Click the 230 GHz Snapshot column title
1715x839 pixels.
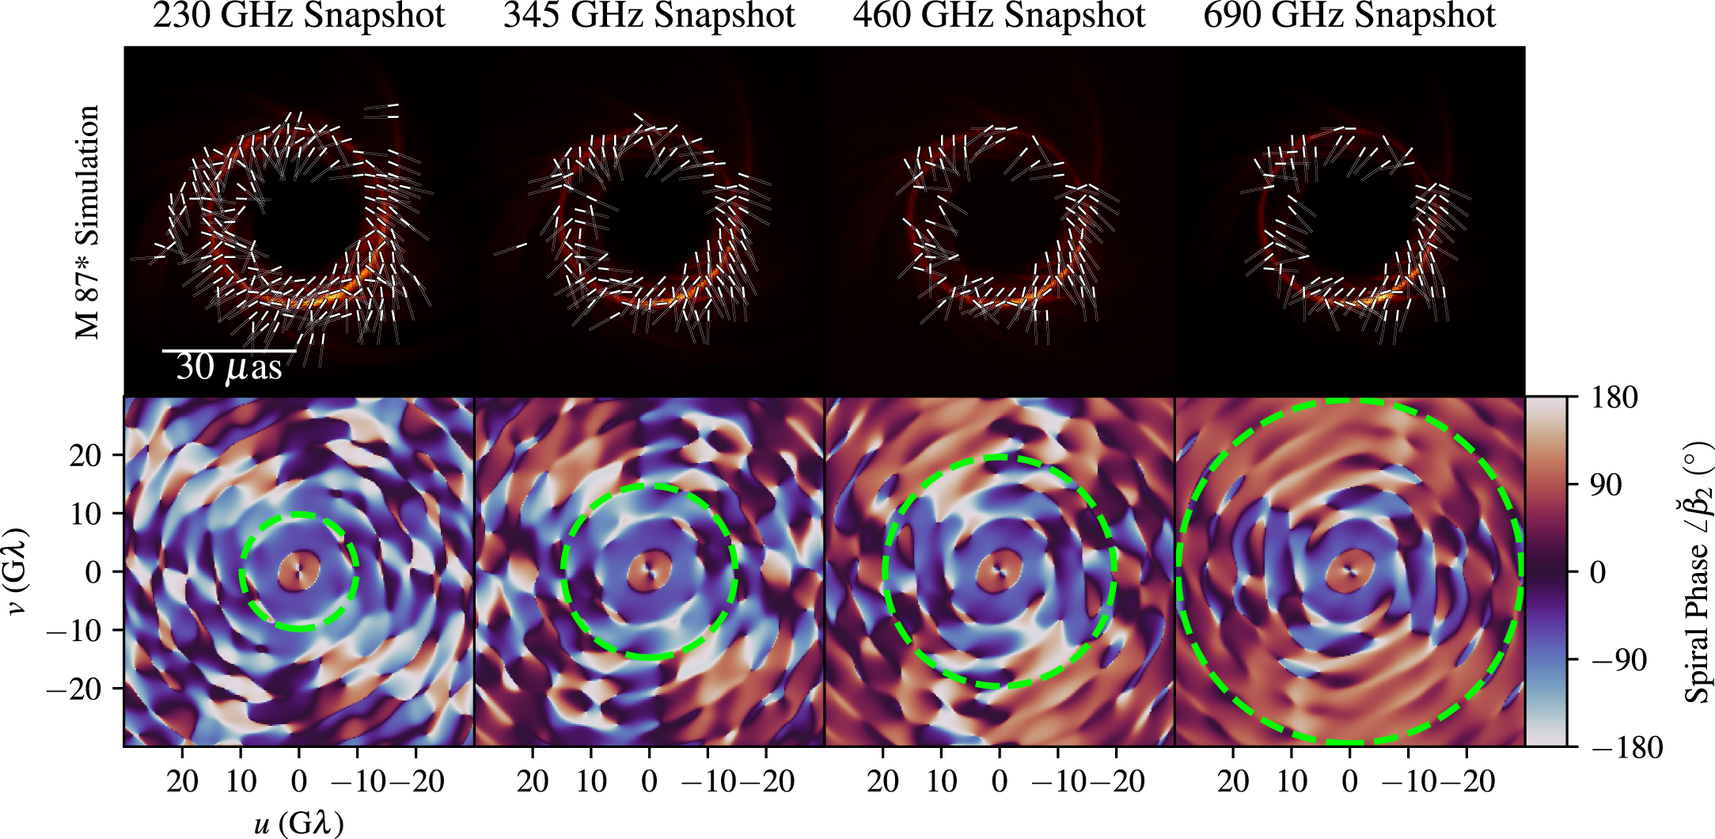click(x=298, y=16)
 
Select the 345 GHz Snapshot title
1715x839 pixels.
click(x=649, y=16)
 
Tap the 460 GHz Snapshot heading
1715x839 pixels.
click(x=999, y=16)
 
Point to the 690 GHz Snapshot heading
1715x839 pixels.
click(x=1349, y=16)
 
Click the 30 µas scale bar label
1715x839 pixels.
click(x=229, y=367)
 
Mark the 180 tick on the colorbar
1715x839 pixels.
click(x=1614, y=397)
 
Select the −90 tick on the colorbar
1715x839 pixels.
click(x=1618, y=659)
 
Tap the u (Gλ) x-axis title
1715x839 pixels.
click(x=298, y=823)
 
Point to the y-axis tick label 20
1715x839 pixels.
click(x=85, y=455)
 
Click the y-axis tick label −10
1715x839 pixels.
click(x=75, y=631)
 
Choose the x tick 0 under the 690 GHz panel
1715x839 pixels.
click(x=1349, y=782)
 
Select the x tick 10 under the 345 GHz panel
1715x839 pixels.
click(x=591, y=782)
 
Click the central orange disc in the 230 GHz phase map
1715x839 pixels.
click(x=299, y=571)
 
